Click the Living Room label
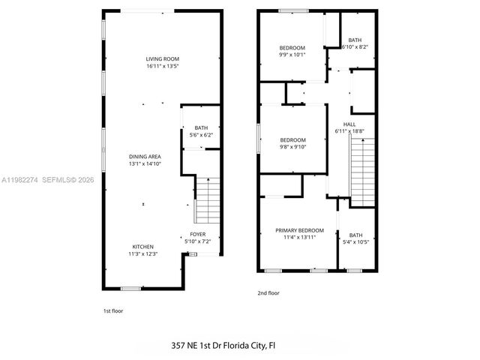pyautogui.click(x=162, y=58)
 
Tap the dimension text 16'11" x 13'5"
pyautogui.click(x=162, y=66)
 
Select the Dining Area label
pyautogui.click(x=145, y=156)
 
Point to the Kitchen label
pyautogui.click(x=143, y=247)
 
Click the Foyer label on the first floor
pyautogui.click(x=198, y=234)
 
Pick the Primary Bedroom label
pyautogui.click(x=299, y=230)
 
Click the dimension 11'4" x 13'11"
pyautogui.click(x=299, y=238)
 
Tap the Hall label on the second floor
pyautogui.click(x=349, y=124)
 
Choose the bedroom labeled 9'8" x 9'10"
pyautogui.click(x=292, y=144)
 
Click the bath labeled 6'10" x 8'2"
pyautogui.click(x=355, y=43)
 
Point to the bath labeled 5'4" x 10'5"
pyautogui.click(x=355, y=238)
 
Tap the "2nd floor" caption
pyautogui.click(x=268, y=293)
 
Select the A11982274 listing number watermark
pyautogui.click(x=22, y=180)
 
